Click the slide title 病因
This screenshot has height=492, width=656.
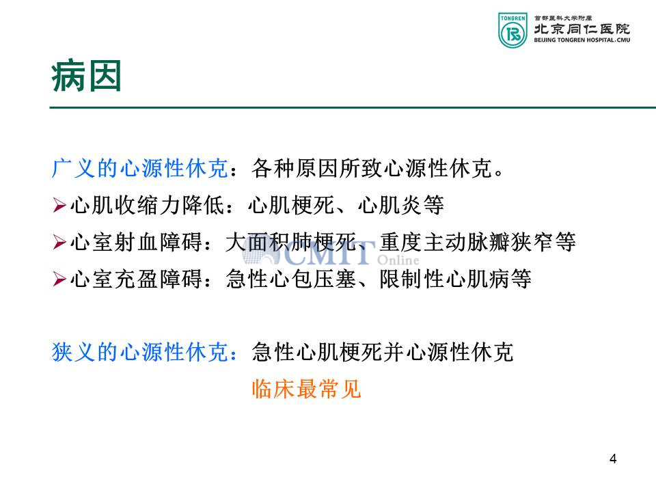[86, 76]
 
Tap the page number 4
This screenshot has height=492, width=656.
[613, 459]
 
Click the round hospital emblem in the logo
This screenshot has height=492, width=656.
[513, 34]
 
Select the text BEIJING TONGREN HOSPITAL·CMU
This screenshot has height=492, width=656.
[582, 40]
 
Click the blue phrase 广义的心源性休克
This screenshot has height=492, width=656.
[140, 169]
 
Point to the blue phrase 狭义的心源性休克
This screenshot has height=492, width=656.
[140, 352]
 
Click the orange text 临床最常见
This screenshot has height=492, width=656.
[307, 389]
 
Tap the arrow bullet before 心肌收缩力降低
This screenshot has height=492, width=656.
[59, 206]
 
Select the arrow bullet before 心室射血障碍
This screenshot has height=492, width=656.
[59, 242]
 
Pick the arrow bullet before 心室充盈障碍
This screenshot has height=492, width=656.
[59, 279]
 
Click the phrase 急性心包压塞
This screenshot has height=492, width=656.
[291, 279]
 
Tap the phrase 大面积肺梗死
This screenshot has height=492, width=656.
[291, 242]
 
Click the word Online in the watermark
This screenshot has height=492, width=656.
[398, 260]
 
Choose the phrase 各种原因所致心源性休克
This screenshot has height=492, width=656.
[372, 169]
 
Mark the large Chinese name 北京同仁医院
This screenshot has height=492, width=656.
[582, 29]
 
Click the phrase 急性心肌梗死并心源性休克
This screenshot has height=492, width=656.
[383, 352]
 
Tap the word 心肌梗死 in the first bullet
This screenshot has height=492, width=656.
[291, 206]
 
